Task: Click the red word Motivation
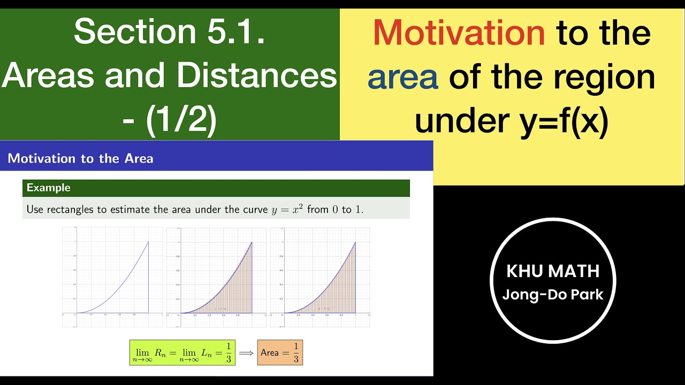coord(459,33)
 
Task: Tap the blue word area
coord(403,77)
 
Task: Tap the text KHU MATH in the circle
coord(553,271)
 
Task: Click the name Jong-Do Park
coord(553,295)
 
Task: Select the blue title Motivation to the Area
coord(80,158)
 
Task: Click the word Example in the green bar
coord(49,188)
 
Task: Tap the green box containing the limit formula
coord(182,352)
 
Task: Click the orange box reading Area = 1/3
coord(280,352)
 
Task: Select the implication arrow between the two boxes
coord(246,353)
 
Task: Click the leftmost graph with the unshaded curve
coord(112,276)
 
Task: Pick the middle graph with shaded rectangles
coord(216,276)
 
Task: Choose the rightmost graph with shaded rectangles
coord(319,276)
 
